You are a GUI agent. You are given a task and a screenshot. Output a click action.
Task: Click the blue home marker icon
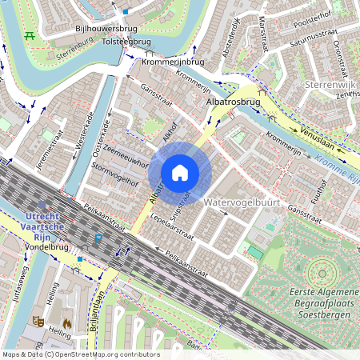[180, 172]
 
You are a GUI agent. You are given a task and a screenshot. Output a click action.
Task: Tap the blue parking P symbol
[98, 239]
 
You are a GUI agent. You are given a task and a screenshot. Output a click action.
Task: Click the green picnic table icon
[30, 35]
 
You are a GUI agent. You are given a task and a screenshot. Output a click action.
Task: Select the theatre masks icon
[37, 321]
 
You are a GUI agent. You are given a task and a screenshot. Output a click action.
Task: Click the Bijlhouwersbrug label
[102, 28]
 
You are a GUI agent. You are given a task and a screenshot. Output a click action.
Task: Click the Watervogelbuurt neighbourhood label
[242, 203]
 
